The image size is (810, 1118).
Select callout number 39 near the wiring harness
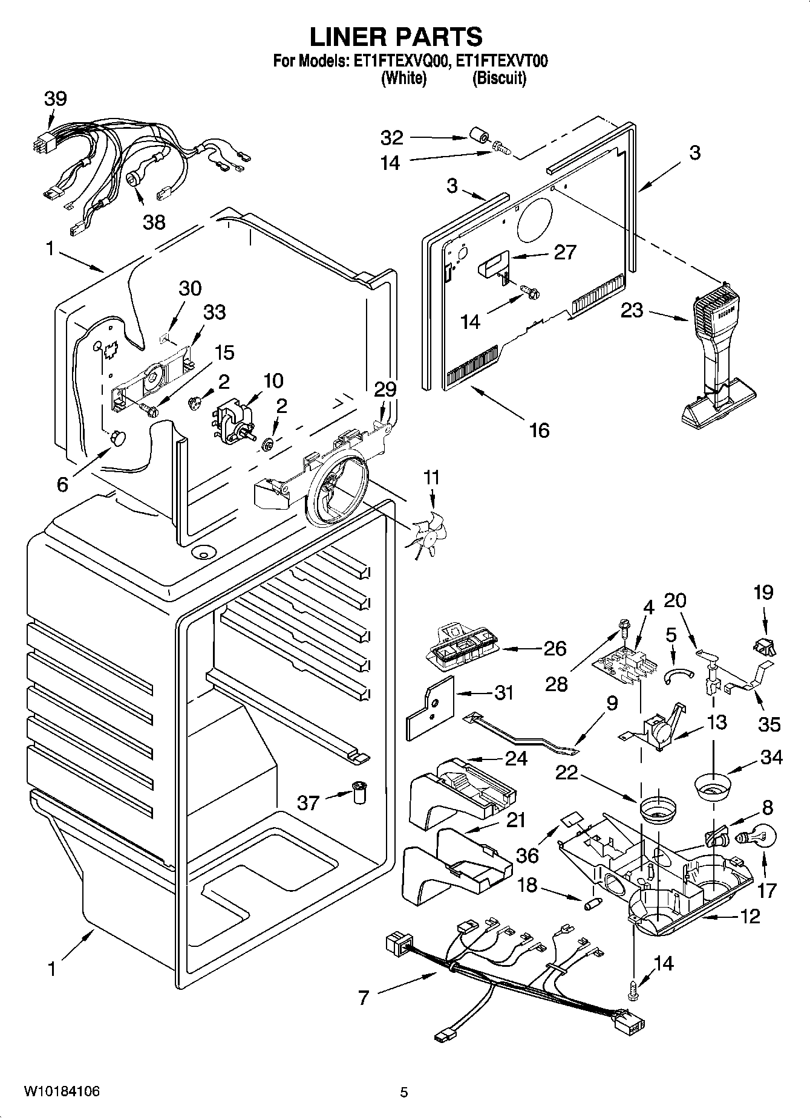55,99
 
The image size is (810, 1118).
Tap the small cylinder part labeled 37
361,791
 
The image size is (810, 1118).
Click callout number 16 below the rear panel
539,430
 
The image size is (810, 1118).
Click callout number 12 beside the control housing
750,917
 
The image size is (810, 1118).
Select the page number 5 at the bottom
403,1092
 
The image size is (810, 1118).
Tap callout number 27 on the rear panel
565,252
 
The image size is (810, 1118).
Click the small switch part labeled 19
765,645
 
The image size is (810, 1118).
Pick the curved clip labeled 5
676,676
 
